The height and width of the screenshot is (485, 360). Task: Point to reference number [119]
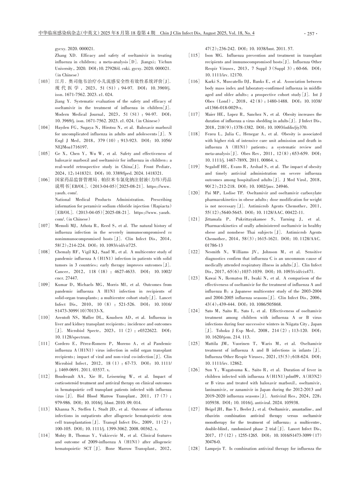194,167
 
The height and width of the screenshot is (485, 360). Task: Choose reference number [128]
194,448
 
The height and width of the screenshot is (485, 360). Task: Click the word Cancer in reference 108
62,272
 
